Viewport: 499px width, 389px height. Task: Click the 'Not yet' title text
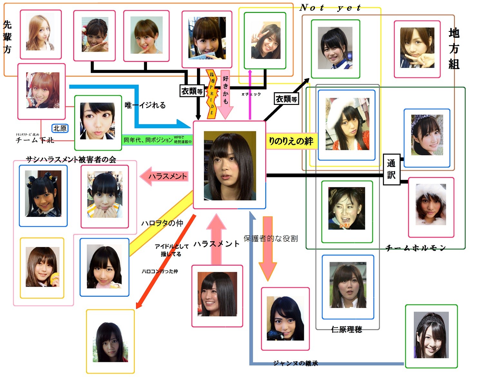pyautogui.click(x=330, y=8)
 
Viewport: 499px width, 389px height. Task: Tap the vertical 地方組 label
pyautogui.click(x=454, y=49)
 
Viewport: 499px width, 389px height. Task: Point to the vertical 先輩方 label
pyautogui.click(x=7, y=37)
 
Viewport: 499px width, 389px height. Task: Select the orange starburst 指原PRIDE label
pyautogui.click(x=212, y=94)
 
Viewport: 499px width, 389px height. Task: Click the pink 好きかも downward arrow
pyautogui.click(x=225, y=94)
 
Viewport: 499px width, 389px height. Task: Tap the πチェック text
pyautogui.click(x=251, y=94)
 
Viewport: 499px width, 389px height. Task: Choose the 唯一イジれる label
pyautogui.click(x=145, y=105)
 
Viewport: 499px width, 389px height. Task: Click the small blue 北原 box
pyautogui.click(x=60, y=128)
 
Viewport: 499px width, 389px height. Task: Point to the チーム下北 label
pyautogui.click(x=35, y=140)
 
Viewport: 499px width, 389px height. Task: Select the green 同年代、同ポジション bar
pyautogui.click(x=157, y=140)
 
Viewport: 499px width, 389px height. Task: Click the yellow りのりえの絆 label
pyautogui.click(x=291, y=141)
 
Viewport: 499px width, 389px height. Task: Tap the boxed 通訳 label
pyautogui.click(x=391, y=169)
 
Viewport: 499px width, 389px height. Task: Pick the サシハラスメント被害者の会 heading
pyautogui.click(x=71, y=159)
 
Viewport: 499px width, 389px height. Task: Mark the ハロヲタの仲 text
pyautogui.click(x=162, y=223)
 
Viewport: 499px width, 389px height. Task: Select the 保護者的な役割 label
pyautogui.click(x=270, y=238)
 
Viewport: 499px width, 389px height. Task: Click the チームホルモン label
pyautogui.click(x=416, y=248)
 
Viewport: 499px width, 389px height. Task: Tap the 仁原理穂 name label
pyautogui.click(x=347, y=329)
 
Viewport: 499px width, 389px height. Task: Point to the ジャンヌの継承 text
pyautogui.click(x=295, y=363)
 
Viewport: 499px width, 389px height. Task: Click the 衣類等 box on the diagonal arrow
pyautogui.click(x=286, y=99)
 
